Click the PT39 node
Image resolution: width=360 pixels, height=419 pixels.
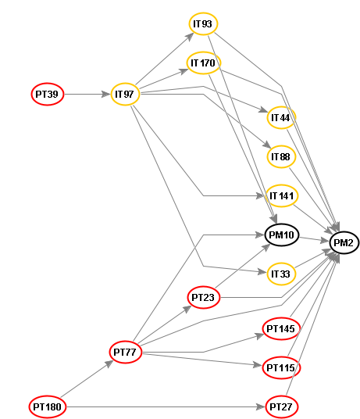coord(48,94)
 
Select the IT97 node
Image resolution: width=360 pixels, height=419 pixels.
coord(125,94)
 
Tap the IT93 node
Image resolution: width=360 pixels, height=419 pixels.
coord(203,23)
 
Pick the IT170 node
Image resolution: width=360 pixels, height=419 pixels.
coord(204,63)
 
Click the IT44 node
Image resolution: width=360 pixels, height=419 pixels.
coord(281,117)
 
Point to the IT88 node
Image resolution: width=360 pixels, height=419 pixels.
coord(281,156)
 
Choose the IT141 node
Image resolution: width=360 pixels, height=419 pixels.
coord(282,195)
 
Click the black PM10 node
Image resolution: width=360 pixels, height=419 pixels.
coord(282,235)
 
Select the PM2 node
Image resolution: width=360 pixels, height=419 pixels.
coord(344,242)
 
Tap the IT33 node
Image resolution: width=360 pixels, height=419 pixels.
coord(281,274)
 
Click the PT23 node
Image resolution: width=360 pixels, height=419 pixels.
coord(204,297)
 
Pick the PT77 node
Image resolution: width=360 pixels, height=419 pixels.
coord(126,352)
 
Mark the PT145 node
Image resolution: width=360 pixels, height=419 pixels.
coord(282,328)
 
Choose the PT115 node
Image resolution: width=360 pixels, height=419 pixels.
coord(282,367)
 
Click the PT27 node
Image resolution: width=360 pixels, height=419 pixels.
coord(282,406)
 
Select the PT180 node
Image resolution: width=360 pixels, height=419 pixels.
coord(48,406)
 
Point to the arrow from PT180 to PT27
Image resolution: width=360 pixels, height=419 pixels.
coord(166,406)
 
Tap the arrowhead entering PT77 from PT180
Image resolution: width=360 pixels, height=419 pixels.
coord(109,363)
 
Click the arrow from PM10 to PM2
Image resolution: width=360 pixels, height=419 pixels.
coord(314,239)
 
